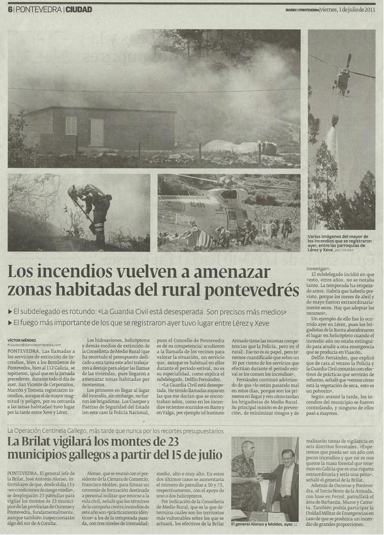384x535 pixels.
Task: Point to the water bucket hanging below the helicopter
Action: (335, 121)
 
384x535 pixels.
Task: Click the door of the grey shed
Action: (97, 132)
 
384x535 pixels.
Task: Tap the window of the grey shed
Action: (71, 126)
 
